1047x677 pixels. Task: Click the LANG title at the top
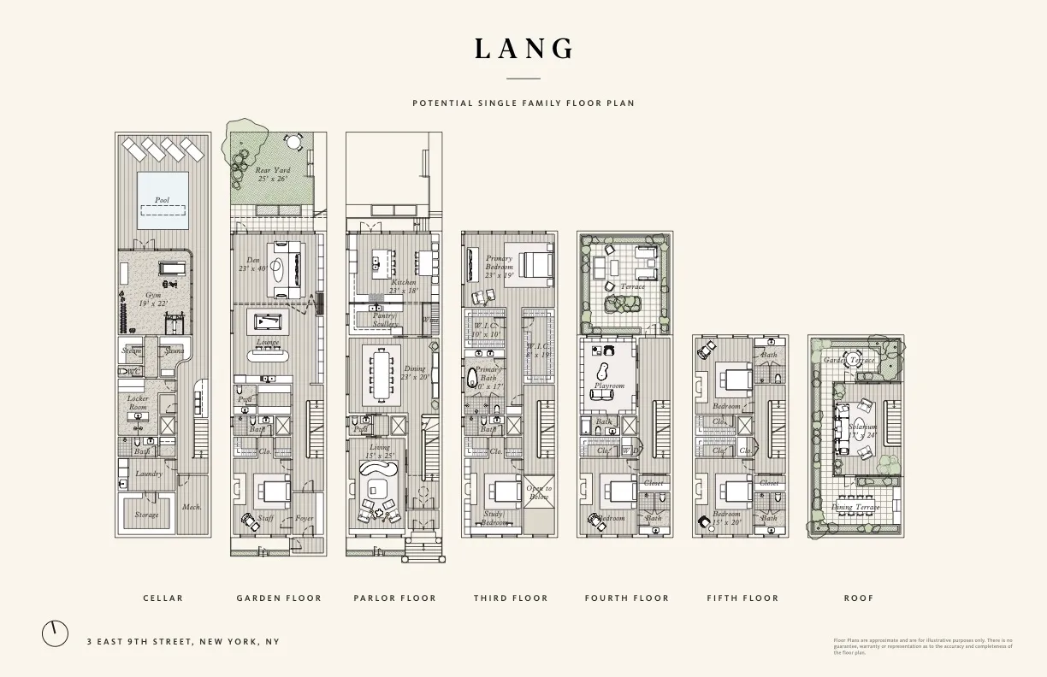coord(523,50)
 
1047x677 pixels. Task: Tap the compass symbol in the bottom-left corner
coord(55,633)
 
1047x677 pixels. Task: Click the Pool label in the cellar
coord(162,200)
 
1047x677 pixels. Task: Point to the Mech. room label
coord(192,507)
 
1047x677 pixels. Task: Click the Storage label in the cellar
coord(146,515)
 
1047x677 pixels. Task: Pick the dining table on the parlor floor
coord(380,373)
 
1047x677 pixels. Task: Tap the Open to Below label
coord(539,492)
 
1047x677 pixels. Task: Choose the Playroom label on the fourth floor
coord(609,386)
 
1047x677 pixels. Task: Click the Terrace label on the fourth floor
coord(632,286)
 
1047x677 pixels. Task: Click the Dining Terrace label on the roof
coord(855,507)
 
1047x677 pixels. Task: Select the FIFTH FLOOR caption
coord(742,598)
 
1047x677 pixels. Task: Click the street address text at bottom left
coord(183,642)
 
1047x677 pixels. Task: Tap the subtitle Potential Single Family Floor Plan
coord(523,103)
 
